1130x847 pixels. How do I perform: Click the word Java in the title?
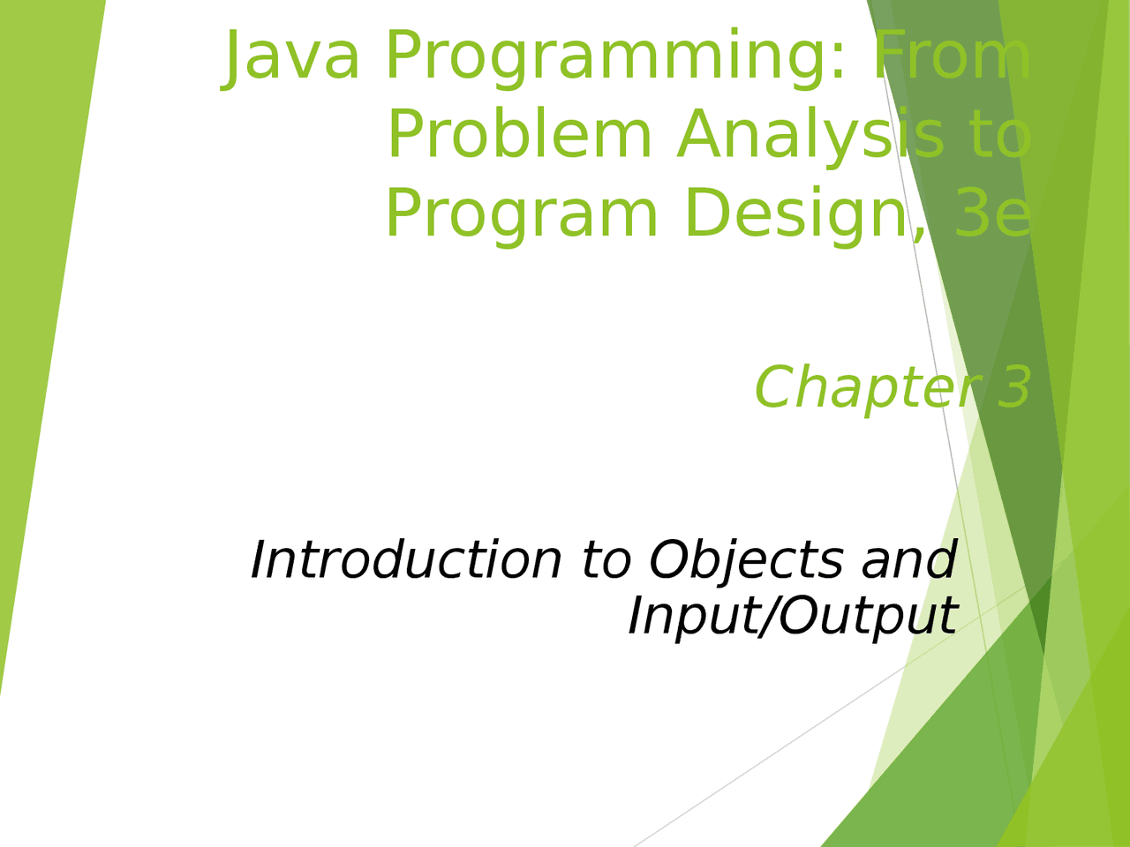pos(292,56)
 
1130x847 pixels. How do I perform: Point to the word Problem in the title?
pos(519,135)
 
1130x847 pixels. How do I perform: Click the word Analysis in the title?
pos(810,137)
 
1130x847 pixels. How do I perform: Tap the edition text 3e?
pos(993,214)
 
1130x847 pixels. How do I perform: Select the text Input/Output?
pos(792,616)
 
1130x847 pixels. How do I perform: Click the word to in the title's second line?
pos(999,135)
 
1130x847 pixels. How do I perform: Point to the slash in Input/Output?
pos(766,615)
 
